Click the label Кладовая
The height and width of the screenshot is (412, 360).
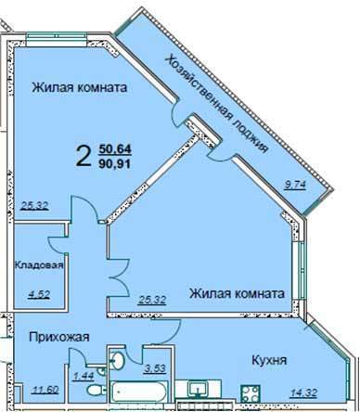[x=39, y=265]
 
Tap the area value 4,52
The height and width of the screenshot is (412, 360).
[x=39, y=293]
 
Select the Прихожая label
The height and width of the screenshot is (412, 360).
[x=59, y=337]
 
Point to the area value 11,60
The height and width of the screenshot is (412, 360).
[x=45, y=390]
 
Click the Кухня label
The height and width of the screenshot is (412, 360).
[x=269, y=360]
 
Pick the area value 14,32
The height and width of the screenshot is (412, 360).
[x=303, y=393]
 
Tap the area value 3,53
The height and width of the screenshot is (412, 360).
[x=156, y=368]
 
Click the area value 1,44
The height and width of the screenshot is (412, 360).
[x=84, y=376]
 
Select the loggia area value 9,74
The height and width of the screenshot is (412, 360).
[x=295, y=185]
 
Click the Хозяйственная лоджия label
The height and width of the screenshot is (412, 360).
[x=216, y=104]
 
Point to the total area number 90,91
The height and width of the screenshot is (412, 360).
[x=115, y=163]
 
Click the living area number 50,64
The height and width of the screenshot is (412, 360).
[x=115, y=148]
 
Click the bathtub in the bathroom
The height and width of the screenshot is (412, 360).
[x=138, y=392]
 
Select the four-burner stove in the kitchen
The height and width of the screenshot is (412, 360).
[x=251, y=393]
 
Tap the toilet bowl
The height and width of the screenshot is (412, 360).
[x=96, y=390]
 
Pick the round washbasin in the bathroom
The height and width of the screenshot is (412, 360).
[x=118, y=359]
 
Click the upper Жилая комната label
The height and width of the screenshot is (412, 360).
[x=80, y=87]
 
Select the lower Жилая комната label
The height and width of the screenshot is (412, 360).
[x=237, y=293]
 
